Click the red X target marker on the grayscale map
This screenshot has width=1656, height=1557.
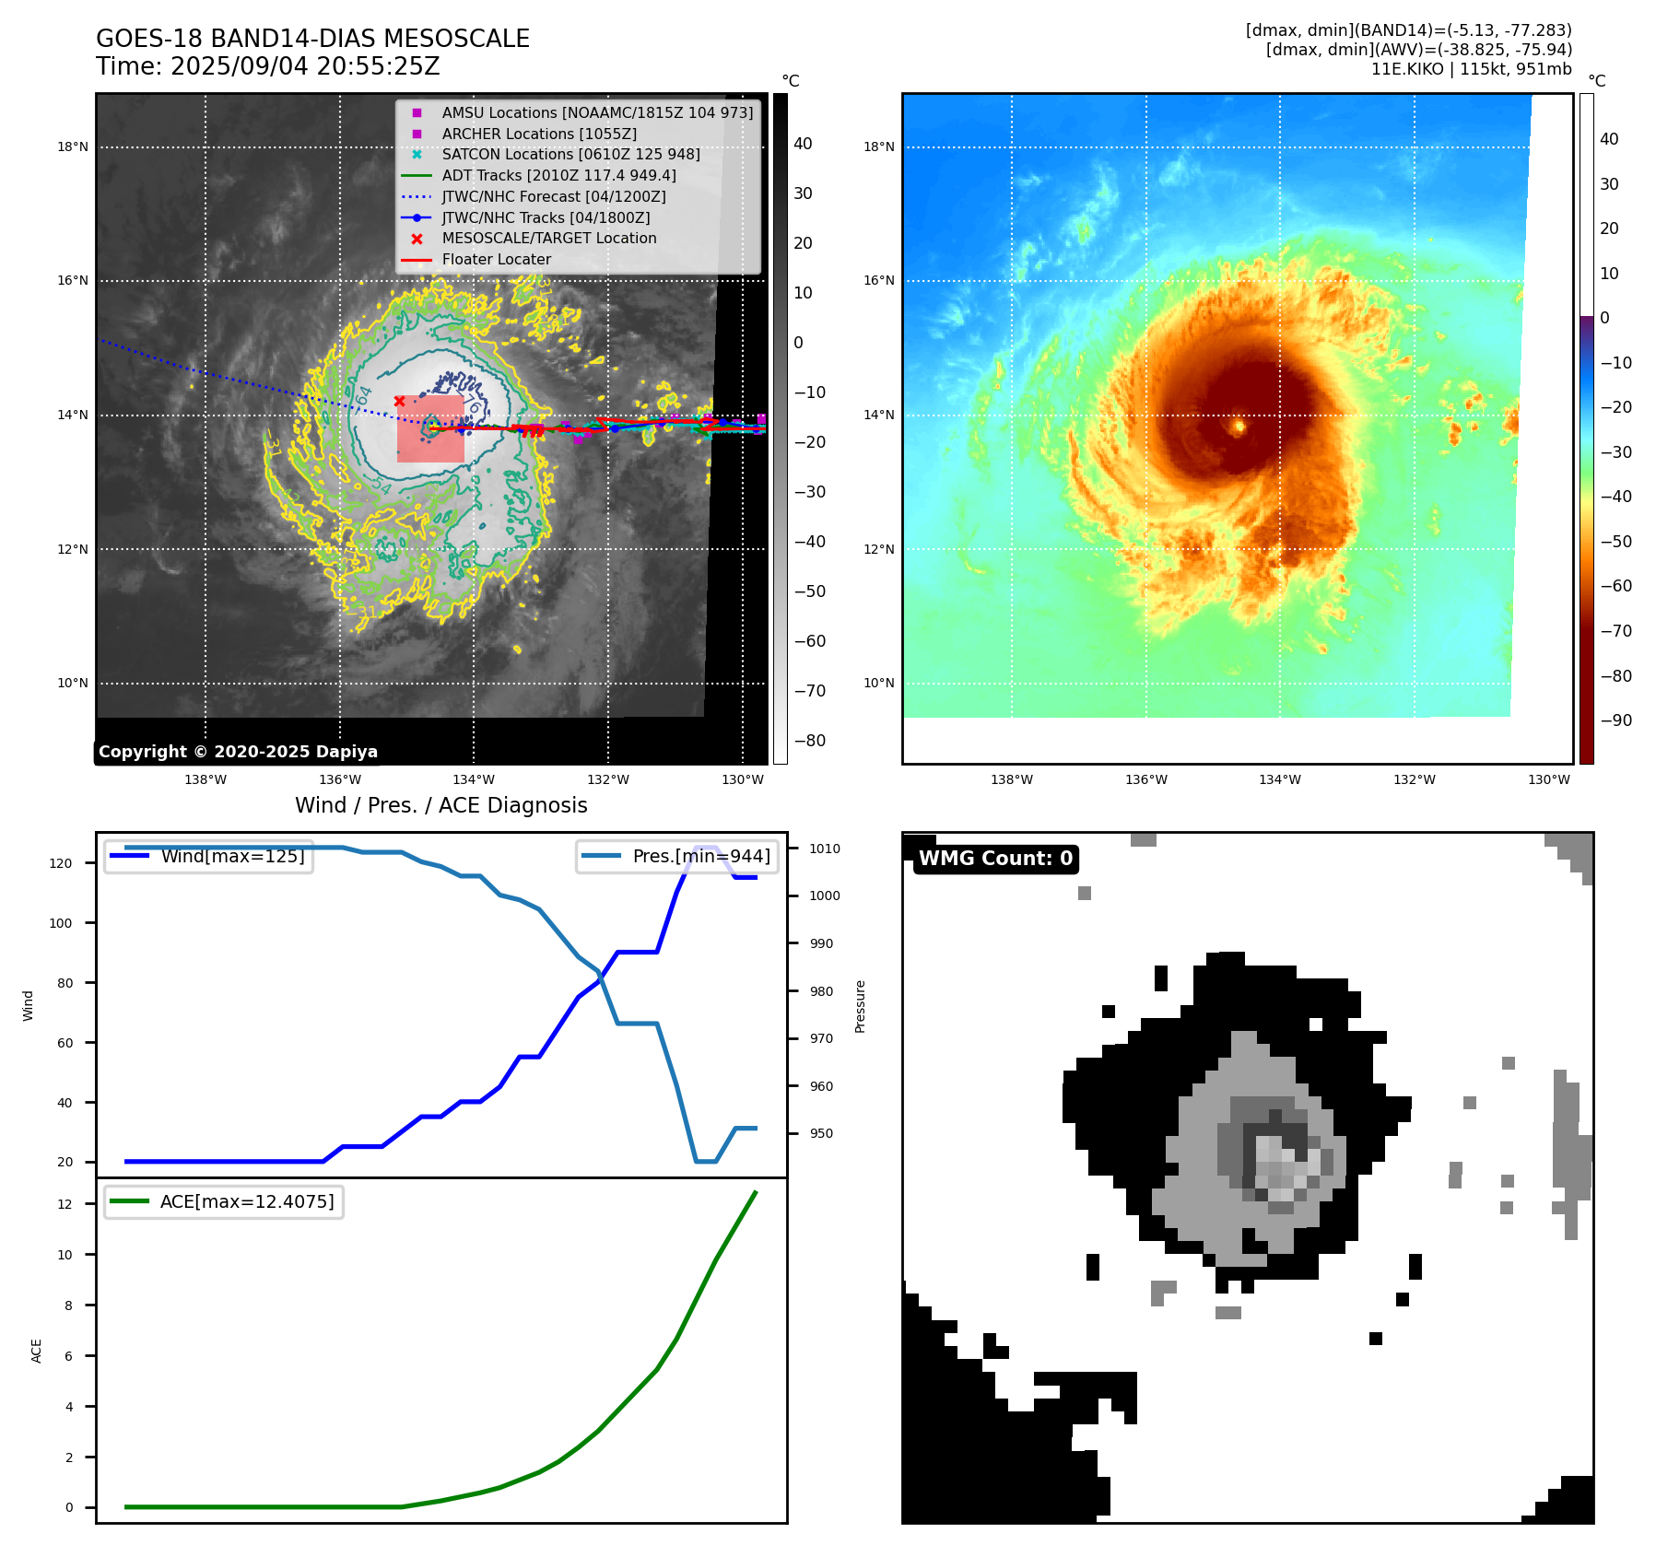pos(399,401)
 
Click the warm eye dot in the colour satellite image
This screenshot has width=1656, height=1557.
pos(1239,426)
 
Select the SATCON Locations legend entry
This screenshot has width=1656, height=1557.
pos(570,155)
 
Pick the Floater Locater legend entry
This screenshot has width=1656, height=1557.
pos(496,260)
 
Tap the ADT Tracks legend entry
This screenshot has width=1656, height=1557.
pos(558,175)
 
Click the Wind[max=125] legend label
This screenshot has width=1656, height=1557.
pos(232,856)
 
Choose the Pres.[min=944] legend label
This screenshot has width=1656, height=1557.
pos(700,856)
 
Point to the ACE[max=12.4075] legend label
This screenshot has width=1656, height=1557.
pos(247,1201)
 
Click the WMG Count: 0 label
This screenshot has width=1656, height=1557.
pos(995,859)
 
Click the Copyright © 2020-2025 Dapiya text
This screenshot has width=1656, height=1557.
pos(238,752)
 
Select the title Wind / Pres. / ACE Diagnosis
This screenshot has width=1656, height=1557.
pos(440,805)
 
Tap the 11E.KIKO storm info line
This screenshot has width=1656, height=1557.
pos(1471,69)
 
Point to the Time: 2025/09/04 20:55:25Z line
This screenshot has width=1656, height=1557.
pos(267,66)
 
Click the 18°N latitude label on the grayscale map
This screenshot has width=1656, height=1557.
pos(73,147)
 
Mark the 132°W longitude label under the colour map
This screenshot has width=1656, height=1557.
pos(1414,779)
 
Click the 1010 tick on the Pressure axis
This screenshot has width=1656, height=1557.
pos(825,849)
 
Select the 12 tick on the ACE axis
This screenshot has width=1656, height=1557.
pos(65,1204)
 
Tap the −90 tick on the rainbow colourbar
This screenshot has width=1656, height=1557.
pos(1615,720)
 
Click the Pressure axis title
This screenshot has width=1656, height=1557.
pos(861,1006)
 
